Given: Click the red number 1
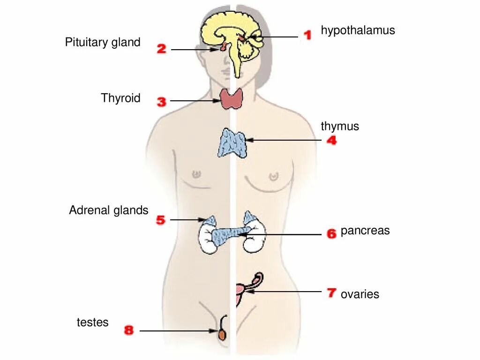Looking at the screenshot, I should tap(307, 35).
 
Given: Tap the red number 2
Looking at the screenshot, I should tap(161, 48).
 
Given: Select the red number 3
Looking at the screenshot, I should tap(161, 101).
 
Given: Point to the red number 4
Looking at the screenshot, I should tap(331, 140).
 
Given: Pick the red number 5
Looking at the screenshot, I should tap(161, 220).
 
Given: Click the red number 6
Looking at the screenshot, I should tap(331, 233).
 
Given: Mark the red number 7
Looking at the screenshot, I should tap(331, 293).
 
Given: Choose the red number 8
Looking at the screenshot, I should tap(128, 330).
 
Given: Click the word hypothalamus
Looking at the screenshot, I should tap(358, 30).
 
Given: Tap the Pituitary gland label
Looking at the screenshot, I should tap(103, 43).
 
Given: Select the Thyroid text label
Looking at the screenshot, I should tap(120, 98).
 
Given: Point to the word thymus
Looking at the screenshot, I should tap(340, 126).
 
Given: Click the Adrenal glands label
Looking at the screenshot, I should tap(108, 210).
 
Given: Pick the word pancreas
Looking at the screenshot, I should tap(365, 231).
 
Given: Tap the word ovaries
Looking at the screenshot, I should tap(360, 294).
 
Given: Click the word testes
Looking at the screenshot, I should tap(92, 322).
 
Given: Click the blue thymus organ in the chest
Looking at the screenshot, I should tap(232, 143).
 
